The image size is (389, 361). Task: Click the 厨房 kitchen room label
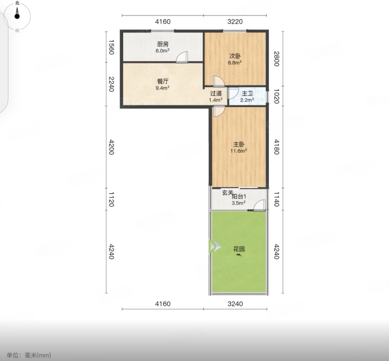162,44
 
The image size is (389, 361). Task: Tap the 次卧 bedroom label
235,56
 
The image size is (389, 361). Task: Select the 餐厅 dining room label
162,81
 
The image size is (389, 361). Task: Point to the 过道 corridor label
216,93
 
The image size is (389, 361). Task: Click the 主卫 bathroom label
247,93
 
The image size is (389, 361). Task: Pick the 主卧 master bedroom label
239,144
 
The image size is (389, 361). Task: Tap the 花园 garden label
239,249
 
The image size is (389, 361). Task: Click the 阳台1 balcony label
239,196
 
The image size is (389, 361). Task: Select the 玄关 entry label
228,192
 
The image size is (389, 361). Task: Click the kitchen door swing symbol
182,57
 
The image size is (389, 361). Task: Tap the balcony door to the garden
259,205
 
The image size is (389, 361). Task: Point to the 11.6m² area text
239,151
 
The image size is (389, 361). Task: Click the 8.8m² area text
235,63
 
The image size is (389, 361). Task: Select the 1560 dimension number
111,47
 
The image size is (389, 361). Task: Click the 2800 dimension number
276,59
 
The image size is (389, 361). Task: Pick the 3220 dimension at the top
235,21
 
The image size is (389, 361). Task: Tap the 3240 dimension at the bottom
235,304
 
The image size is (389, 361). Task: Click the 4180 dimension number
276,147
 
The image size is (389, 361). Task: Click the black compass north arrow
17,13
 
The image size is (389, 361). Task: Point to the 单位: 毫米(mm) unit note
29,355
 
